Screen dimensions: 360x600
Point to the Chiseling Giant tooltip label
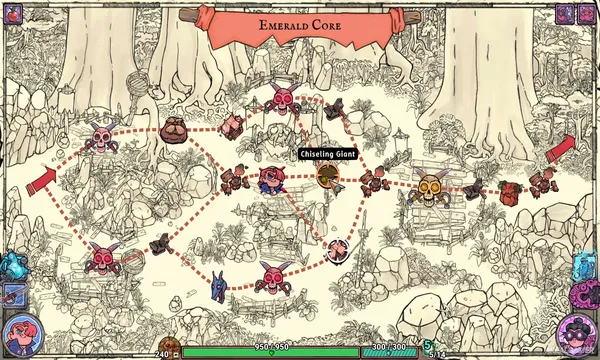tap(327, 154)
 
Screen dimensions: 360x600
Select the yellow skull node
tap(430, 187)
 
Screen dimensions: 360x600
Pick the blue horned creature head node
tap(219, 285)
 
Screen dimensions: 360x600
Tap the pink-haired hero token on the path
tap(270, 180)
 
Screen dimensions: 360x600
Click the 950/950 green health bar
tap(270, 352)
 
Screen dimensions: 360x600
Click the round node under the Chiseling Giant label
tap(327, 176)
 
